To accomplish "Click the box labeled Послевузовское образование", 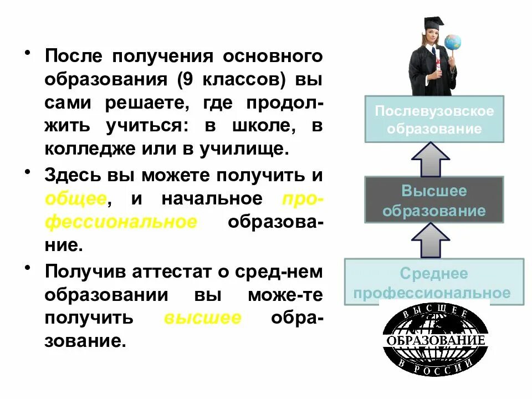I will tap(434, 120).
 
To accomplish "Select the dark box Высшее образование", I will tap(434, 201).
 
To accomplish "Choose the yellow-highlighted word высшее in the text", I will tap(202, 318).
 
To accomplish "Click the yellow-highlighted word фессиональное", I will tap(121, 222).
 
